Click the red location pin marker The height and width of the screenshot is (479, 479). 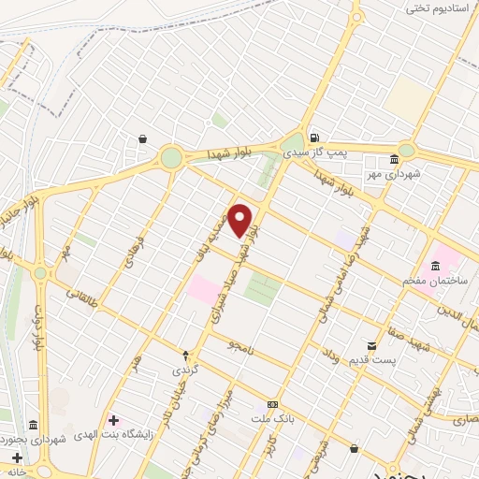pyautogui.click(x=240, y=220)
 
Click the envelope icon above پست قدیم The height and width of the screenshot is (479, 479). pyautogui.click(x=372, y=345)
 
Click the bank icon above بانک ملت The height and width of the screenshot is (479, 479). pyautogui.click(x=272, y=404)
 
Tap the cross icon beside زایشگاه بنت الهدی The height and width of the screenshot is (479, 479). pyautogui.click(x=114, y=422)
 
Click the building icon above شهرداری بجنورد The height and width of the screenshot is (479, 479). pyautogui.click(x=34, y=424)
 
